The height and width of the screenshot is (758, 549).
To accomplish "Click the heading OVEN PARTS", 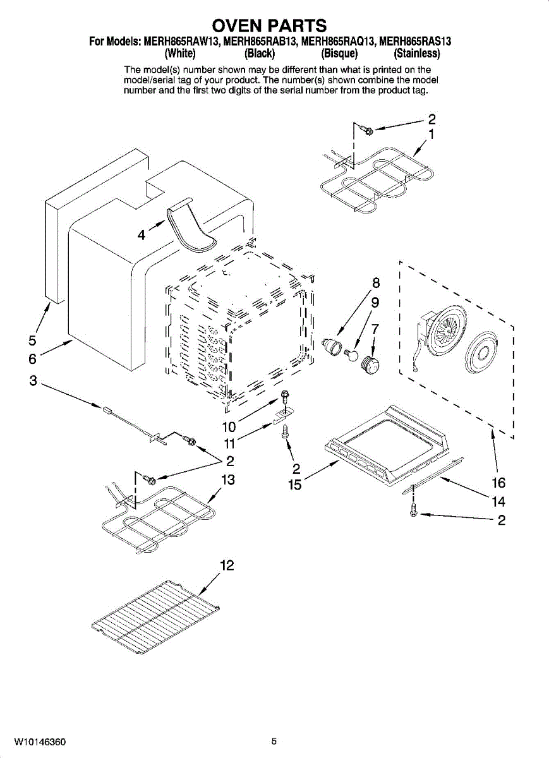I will (270, 26).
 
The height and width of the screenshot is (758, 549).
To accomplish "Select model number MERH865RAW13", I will (181, 42).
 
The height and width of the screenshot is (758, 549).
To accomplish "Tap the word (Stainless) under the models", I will (417, 54).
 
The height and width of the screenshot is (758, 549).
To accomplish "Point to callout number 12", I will (227, 565).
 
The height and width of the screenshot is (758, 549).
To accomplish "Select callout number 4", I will (142, 235).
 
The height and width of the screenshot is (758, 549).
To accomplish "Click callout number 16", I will (498, 483).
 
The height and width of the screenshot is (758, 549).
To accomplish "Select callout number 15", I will (294, 485).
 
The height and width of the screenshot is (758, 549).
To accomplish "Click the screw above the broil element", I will (365, 129).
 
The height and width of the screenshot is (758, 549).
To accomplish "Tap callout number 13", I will (227, 480).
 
